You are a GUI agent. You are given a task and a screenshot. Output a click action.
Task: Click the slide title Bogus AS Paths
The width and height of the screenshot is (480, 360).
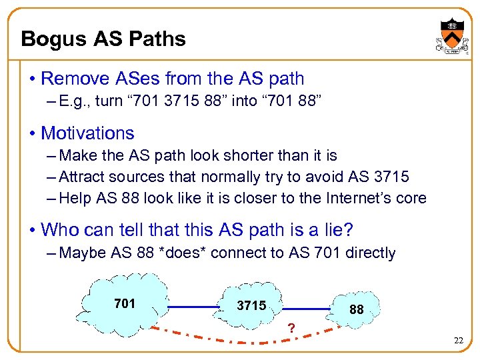point(103,39)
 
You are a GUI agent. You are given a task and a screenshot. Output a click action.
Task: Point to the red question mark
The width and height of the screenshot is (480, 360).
point(290,328)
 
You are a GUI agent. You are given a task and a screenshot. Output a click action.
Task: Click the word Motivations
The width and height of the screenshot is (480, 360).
point(87,133)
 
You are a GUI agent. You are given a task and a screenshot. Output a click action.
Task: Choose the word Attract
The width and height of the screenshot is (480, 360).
point(82,177)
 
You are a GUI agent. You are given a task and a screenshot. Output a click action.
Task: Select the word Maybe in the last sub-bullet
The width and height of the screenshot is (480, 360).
point(81,253)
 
